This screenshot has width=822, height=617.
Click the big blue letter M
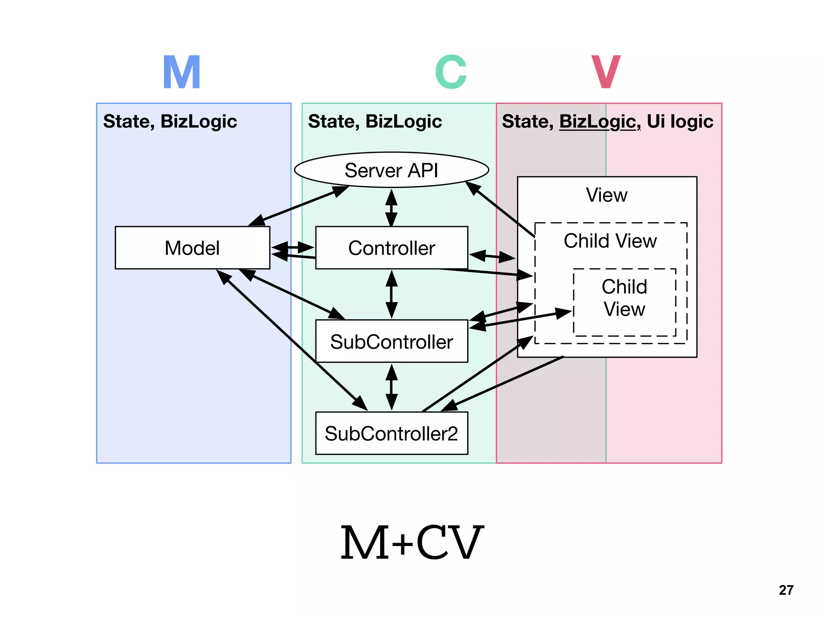click(182, 73)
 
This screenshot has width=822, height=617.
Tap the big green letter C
click(451, 72)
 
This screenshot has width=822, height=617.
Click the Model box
click(192, 248)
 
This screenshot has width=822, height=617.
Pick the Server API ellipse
click(391, 170)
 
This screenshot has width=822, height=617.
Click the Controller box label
click(391, 248)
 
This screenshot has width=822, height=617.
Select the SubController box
click(391, 342)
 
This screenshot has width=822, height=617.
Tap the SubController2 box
click(391, 434)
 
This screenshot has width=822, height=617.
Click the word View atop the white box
click(606, 195)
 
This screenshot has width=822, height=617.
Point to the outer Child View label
click(610, 241)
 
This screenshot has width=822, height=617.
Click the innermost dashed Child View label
click(625, 298)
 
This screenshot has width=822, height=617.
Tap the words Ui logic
click(680, 121)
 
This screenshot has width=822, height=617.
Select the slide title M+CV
click(412, 543)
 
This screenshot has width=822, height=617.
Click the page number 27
click(786, 590)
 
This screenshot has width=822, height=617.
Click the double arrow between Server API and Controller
click(391, 207)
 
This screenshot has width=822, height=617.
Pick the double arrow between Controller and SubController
click(391, 294)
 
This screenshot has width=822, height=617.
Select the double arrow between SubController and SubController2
click(391, 387)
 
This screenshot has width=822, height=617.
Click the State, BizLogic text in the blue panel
click(170, 121)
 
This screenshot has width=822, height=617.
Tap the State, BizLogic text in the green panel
click(375, 121)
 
